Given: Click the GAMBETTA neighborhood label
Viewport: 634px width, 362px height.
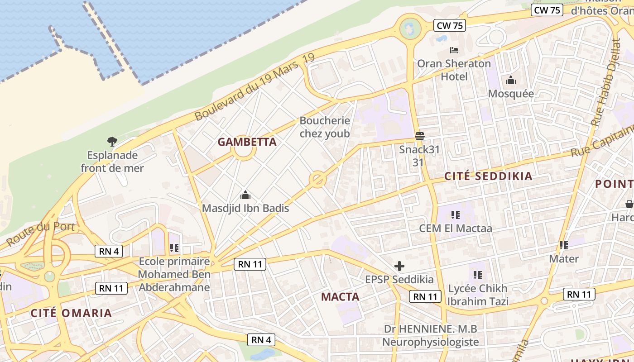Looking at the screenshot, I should coord(247,142).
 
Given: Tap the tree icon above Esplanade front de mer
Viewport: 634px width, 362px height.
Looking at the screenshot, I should coord(112,142).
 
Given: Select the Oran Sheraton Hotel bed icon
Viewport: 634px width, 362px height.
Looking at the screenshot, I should coord(454,50).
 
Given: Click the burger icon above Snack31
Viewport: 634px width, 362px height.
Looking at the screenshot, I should coord(419,136).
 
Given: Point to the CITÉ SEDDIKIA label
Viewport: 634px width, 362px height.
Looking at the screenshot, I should coord(488,176).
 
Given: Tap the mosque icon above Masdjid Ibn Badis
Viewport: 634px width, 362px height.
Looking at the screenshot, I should coord(245,195).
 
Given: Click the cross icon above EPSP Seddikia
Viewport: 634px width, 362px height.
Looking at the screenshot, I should coord(399,266).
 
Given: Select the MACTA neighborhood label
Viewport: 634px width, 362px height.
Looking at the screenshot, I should coord(340,297).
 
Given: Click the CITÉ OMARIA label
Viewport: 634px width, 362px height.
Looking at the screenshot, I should coord(71,313).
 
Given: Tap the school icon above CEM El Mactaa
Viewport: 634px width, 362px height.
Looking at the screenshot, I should coord(455,215).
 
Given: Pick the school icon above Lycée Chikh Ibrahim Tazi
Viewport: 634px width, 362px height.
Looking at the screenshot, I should coord(477,275).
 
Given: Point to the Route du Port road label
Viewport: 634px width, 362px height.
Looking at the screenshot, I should coord(41,233).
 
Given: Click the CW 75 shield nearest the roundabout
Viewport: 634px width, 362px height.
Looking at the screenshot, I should coord(450,26).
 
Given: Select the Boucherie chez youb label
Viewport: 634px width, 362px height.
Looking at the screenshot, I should coord(325,127).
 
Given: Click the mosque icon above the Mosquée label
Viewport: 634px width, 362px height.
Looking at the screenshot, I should coord(511,81).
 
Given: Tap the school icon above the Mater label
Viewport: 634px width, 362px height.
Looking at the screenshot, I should coord(563,245).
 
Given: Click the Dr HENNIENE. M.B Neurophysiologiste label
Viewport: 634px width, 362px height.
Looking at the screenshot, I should coord(430,335).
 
